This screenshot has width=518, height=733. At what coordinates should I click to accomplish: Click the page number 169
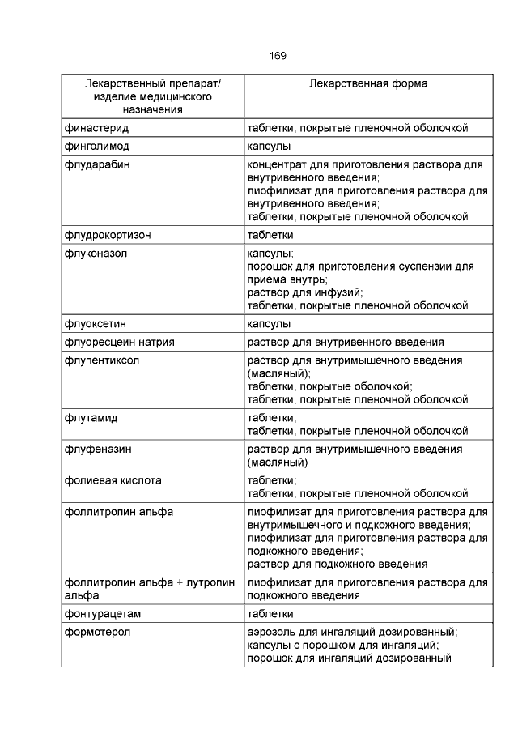[x=277, y=56]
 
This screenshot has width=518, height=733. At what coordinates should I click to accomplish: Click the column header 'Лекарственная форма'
[x=368, y=83]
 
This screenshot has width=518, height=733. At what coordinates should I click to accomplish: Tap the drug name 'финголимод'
[x=96, y=147]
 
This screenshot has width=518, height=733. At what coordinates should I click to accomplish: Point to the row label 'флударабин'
[x=96, y=165]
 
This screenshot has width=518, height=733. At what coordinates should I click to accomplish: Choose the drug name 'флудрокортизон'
[x=108, y=235]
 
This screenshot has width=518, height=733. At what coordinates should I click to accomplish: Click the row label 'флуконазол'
[x=96, y=254]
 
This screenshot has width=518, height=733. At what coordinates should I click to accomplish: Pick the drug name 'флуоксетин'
[x=96, y=323]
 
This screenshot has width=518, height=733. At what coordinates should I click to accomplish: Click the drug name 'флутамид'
[x=91, y=418]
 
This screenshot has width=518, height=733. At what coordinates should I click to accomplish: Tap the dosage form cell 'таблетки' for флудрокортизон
[x=270, y=235]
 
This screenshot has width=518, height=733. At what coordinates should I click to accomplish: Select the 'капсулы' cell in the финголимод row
[x=269, y=147]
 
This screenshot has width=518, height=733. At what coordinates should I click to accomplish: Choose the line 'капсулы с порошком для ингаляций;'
[x=342, y=646]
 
